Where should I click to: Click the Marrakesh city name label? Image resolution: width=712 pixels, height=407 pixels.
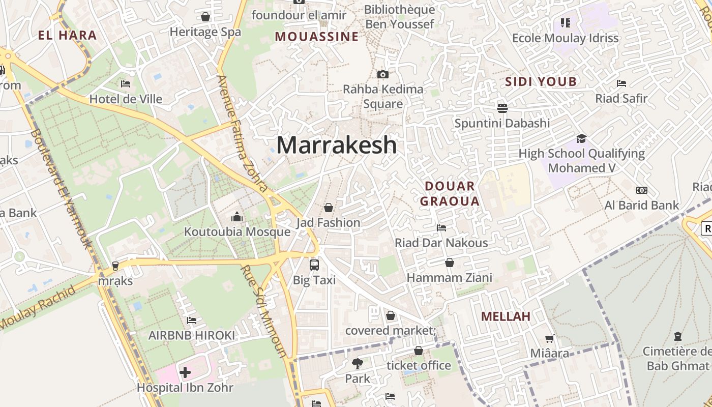(x=336, y=145)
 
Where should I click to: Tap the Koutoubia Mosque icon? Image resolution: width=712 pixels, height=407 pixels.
(x=237, y=217)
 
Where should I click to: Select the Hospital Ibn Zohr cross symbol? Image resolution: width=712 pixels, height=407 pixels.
(x=185, y=372)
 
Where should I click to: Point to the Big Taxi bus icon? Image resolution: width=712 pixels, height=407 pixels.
(x=314, y=265)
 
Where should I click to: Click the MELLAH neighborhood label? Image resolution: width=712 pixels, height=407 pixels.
(x=506, y=316)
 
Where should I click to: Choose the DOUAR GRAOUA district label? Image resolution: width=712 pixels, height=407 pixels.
(x=450, y=193)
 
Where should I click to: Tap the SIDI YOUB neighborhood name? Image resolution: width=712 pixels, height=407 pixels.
(x=541, y=81)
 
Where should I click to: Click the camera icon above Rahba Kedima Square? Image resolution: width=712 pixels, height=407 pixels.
(x=383, y=74)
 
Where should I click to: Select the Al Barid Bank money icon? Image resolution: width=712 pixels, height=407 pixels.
(x=642, y=190)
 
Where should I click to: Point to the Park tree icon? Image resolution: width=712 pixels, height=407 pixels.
(x=358, y=363)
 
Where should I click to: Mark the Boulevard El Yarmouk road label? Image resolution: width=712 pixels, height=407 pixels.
(x=61, y=188)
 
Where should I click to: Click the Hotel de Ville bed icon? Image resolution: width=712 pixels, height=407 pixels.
(x=126, y=83)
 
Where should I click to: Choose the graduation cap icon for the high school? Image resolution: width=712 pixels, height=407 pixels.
(x=581, y=138)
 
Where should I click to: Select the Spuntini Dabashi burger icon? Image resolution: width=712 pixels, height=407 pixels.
(x=502, y=108)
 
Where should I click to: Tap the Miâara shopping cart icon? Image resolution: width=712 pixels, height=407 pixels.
(x=550, y=338)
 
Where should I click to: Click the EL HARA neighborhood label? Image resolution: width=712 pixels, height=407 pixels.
(x=67, y=35)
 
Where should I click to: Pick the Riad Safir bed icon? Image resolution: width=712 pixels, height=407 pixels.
(x=621, y=83)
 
